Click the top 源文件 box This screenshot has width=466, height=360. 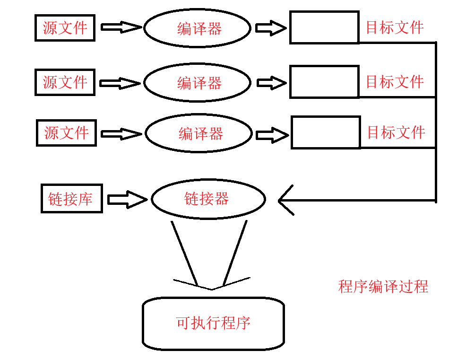pyautogui.click(x=65, y=28)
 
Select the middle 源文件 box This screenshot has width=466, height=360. pyautogui.click(x=65, y=82)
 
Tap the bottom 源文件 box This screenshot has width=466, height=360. pyautogui.click(x=66, y=132)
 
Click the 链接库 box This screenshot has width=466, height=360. pyautogui.click(x=71, y=199)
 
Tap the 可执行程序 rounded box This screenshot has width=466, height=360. pyautogui.click(x=213, y=324)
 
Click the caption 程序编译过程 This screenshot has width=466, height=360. pyautogui.click(x=383, y=286)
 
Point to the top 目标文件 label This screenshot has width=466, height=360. pyautogui.click(x=395, y=27)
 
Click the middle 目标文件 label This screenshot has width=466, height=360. pyautogui.click(x=395, y=82)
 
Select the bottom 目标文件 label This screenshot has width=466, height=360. pyautogui.click(x=396, y=132)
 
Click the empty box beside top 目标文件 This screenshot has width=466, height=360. pyautogui.click(x=324, y=28)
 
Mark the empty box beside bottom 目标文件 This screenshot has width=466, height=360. pyautogui.click(x=326, y=132)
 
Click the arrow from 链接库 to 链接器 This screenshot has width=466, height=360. pyautogui.click(x=127, y=200)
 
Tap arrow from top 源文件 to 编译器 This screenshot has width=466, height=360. pyautogui.click(x=121, y=27)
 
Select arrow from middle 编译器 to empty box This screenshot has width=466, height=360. pyautogui.click(x=271, y=83)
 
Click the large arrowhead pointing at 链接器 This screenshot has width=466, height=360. pyautogui.click(x=286, y=200)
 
